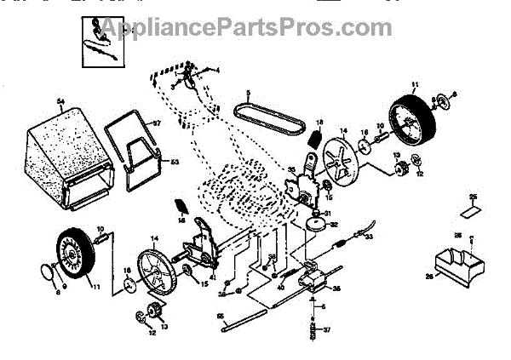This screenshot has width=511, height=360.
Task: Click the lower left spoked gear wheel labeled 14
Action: coord(158,270)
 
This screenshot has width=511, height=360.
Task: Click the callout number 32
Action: coord(334,225)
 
